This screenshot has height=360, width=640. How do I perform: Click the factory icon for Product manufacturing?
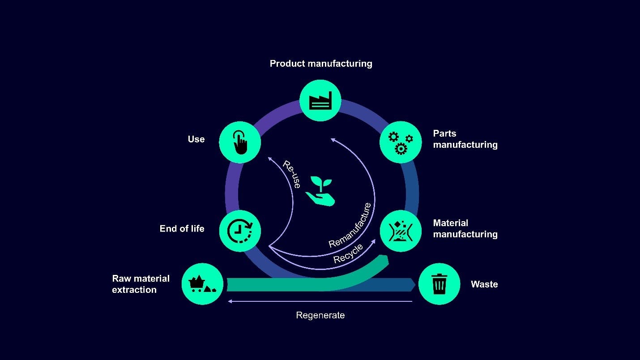point(320,100)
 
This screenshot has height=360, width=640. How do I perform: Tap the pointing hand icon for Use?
point(240,142)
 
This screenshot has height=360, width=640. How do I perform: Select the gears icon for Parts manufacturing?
point(401,142)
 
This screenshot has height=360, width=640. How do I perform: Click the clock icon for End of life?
point(240,231)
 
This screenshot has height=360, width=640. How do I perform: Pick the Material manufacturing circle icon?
point(401,231)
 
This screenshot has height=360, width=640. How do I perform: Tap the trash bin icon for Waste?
point(439,284)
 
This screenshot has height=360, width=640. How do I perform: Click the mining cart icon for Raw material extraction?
point(202,284)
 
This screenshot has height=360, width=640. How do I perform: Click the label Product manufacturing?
point(321,64)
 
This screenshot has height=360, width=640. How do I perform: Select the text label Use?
point(196,139)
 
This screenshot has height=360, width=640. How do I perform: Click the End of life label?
point(182,229)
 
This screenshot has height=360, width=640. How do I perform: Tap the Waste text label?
point(484,284)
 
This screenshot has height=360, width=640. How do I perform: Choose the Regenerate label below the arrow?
point(320,315)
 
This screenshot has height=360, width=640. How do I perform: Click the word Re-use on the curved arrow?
point(292,174)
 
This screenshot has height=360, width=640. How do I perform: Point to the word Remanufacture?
point(350,225)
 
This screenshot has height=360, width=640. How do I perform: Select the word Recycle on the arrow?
point(348,254)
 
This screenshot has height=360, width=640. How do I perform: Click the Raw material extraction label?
point(141,284)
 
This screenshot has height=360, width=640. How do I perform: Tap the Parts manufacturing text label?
point(465,139)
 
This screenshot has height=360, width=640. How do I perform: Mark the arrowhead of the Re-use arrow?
point(269,158)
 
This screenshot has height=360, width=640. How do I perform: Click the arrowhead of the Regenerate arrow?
point(230,301)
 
